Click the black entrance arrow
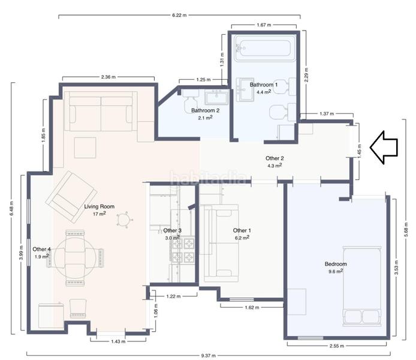pos(384,148)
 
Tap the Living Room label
pos(100,206)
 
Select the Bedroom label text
pos(336,264)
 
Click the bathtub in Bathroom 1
pos(264,48)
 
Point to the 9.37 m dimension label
pos(208,355)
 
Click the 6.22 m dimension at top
pos(179,15)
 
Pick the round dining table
pos(75,257)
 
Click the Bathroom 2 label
pos(206,110)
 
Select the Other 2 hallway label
pos(275,158)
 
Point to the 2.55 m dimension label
pos(337,346)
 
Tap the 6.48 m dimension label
pos(11,208)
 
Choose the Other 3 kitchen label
pos(172,230)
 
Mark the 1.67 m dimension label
pos(264,25)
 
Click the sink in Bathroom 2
pos(217,97)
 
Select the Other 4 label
pos(41,249)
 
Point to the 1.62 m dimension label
pos(252,307)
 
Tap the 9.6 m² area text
pos(336,271)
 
